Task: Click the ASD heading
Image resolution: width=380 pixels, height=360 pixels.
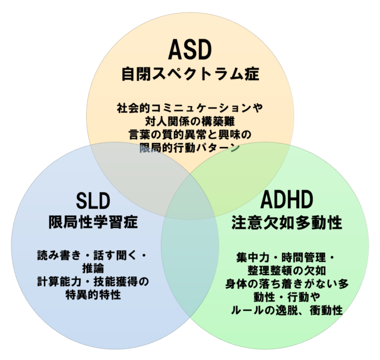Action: click(x=190, y=50)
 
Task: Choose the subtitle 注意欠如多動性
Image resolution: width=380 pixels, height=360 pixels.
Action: click(x=287, y=223)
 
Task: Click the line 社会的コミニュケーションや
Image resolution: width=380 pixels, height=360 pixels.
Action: click(x=190, y=109)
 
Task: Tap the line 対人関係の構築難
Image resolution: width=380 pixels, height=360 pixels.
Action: click(x=190, y=122)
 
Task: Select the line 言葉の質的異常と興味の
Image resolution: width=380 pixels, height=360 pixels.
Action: click(x=190, y=135)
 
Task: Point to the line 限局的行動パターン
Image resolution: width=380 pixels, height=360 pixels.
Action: click(x=190, y=148)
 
